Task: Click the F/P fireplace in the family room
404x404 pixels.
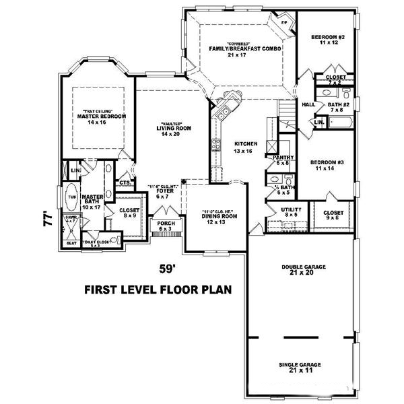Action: (x=283, y=23)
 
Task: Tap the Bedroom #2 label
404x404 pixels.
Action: (x=328, y=39)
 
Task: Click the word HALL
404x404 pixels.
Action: (x=308, y=105)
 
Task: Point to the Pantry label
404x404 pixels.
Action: (x=281, y=160)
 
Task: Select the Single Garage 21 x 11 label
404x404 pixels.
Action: (x=300, y=367)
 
